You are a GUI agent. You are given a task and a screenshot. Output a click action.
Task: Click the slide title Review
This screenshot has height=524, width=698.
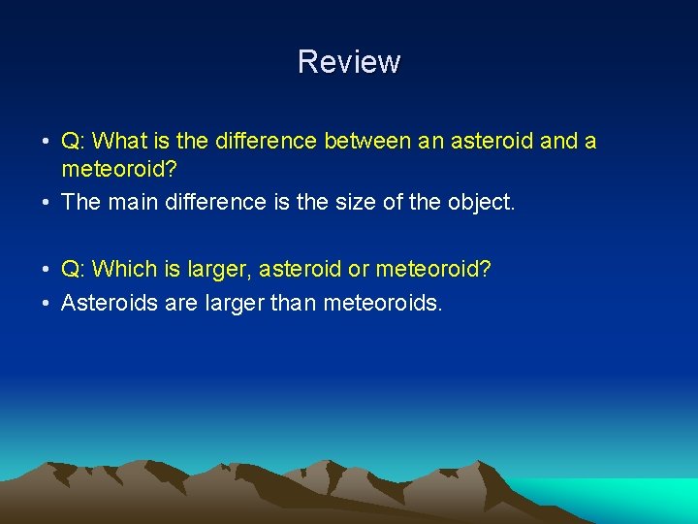tap(348, 62)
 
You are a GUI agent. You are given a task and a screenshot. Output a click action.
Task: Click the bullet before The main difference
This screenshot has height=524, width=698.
tap(47, 203)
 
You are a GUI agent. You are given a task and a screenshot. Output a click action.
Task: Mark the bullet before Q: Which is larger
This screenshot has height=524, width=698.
tap(47, 269)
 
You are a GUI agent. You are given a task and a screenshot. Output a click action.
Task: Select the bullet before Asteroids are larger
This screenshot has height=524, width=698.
tap(47, 304)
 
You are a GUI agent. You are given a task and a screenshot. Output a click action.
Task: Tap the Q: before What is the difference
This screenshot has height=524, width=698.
tap(74, 142)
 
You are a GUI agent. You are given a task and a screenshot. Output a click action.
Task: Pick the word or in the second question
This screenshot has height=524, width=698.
tap(359, 269)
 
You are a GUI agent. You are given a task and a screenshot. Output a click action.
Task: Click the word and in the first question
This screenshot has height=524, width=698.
tap(558, 142)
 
